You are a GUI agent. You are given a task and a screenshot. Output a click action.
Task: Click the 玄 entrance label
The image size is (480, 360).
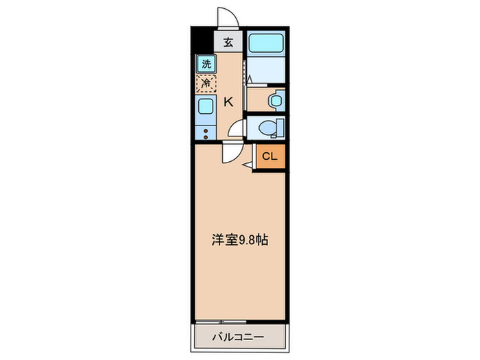click(228, 43)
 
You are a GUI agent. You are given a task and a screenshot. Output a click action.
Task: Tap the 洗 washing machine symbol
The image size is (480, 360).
click(206, 64)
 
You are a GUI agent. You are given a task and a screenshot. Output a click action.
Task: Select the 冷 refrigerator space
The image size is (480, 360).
click(206, 84)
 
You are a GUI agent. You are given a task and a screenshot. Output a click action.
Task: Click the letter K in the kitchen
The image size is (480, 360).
click(229, 102)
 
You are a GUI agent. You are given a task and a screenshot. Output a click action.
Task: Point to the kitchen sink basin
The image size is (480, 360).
click(206, 106)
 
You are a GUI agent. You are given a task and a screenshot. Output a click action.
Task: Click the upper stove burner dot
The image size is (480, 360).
click(206, 129)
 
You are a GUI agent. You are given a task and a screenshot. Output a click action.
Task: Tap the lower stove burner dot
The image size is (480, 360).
click(206, 136)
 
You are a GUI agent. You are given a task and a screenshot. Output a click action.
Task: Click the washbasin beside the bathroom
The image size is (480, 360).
click(276, 101)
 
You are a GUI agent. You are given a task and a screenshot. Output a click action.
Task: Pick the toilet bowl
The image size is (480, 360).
click(269, 128)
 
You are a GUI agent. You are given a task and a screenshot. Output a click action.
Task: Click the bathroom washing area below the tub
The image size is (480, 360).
click(265, 70)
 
